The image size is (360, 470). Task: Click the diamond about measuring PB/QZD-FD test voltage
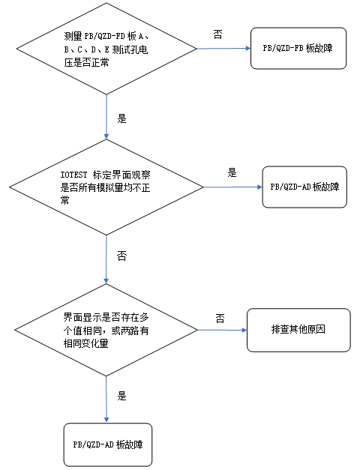[106, 49]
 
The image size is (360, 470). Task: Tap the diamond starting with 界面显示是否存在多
[106, 331]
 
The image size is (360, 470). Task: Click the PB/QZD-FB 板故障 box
[298, 48]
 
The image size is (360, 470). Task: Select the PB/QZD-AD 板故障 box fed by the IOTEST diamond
[304, 187]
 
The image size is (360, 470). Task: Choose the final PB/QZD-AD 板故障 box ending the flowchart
[108, 445]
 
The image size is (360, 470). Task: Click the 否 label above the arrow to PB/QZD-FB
[217, 34]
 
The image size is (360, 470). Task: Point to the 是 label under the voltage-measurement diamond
[122, 118]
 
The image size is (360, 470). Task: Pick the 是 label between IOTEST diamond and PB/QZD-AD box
[232, 172]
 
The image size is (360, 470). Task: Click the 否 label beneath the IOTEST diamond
[122, 256]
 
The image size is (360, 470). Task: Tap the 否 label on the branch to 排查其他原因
[220, 319]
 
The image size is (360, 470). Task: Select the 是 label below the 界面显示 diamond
[122, 395]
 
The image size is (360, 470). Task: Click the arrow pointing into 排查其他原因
[220, 331]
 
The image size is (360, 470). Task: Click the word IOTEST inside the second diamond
[74, 174]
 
